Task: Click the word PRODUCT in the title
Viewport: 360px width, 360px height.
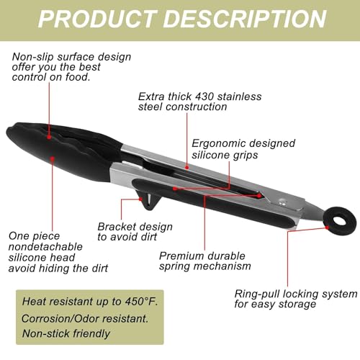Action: tap(96, 19)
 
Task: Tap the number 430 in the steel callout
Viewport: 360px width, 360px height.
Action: tap(204, 96)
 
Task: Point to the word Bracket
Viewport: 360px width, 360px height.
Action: tap(116, 227)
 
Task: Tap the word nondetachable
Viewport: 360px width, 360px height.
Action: tap(45, 247)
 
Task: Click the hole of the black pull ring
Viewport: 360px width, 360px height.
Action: tap(340, 220)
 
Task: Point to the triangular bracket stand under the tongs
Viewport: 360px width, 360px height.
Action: tap(148, 199)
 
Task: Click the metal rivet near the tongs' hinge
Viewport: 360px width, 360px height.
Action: tap(282, 202)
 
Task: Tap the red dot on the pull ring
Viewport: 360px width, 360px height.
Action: tap(327, 228)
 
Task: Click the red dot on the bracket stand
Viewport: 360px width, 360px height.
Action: tap(140, 199)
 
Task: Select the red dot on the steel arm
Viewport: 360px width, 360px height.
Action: tap(187, 168)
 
